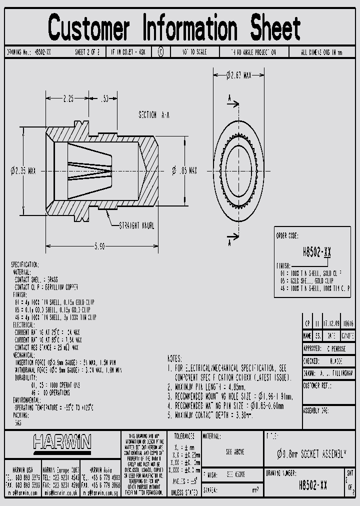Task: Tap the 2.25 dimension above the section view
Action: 68,99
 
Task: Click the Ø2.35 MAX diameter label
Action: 23,171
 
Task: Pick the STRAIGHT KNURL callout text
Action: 136,225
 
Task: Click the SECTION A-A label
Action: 154,115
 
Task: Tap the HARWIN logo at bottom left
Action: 62,441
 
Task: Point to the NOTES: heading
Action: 175,358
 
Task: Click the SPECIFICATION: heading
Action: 25,264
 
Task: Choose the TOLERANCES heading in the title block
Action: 181,436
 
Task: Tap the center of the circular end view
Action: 238,170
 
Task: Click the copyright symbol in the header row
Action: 160,52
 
